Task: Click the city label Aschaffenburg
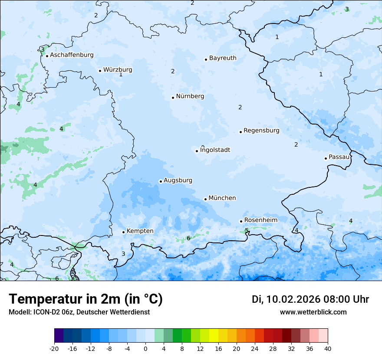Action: pyautogui.click(x=72, y=55)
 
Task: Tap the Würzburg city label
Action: pyautogui.click(x=118, y=70)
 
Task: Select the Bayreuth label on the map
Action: pyautogui.click(x=223, y=58)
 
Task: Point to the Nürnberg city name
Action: pyautogui.click(x=190, y=96)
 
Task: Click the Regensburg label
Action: pyautogui.click(x=261, y=131)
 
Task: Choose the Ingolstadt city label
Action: pyautogui.click(x=215, y=150)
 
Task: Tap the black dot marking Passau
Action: pyautogui.click(x=326, y=158)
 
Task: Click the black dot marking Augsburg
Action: pyautogui.click(x=161, y=181)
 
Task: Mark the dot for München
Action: pyautogui.click(x=205, y=199)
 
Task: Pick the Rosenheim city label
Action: pyautogui.click(x=260, y=220)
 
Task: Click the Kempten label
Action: pyautogui.click(x=140, y=231)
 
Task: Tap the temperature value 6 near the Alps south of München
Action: pyautogui.click(x=188, y=238)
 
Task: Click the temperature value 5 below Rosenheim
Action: pyautogui.click(x=247, y=230)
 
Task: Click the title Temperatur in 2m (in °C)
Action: pyautogui.click(x=86, y=299)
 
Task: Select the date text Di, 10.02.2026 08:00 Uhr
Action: pyautogui.click(x=310, y=299)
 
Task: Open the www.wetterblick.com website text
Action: pyautogui.click(x=313, y=312)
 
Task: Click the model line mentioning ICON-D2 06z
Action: pyautogui.click(x=79, y=312)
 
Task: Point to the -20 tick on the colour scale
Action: pyautogui.click(x=54, y=349)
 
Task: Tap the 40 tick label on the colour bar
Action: pyautogui.click(x=328, y=349)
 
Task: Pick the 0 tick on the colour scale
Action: pyautogui.click(x=145, y=349)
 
